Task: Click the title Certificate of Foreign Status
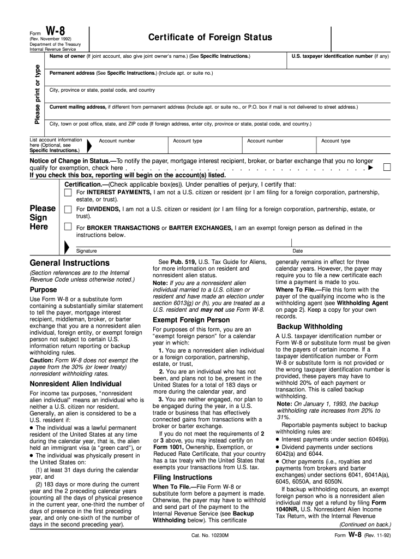[209, 37]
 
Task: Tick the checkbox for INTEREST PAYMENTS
[68, 192]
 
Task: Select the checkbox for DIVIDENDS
[68, 209]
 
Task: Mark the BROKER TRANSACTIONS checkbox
[68, 227]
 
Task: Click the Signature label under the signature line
[86, 251]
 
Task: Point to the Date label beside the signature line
[298, 251]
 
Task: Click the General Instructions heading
[69, 263]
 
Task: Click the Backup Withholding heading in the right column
[310, 326]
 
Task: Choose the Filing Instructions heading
[182, 477]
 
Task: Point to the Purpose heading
[43, 289]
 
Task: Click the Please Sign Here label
[42, 217]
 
